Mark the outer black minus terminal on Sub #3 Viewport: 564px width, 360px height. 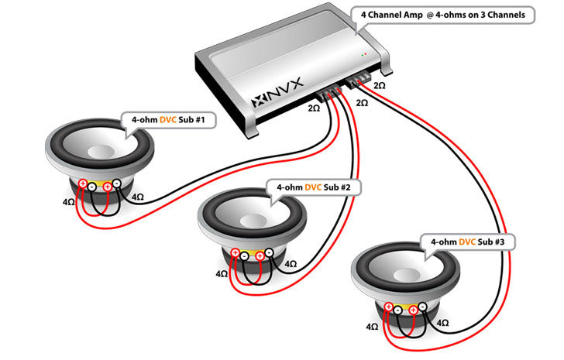[x=423, y=307]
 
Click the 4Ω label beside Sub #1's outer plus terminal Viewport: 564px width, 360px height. [x=69, y=202]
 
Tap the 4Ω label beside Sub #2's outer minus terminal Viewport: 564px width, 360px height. [x=291, y=264]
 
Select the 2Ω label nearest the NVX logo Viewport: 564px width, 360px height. [x=314, y=108]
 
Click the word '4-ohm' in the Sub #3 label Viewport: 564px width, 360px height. [x=444, y=242]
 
